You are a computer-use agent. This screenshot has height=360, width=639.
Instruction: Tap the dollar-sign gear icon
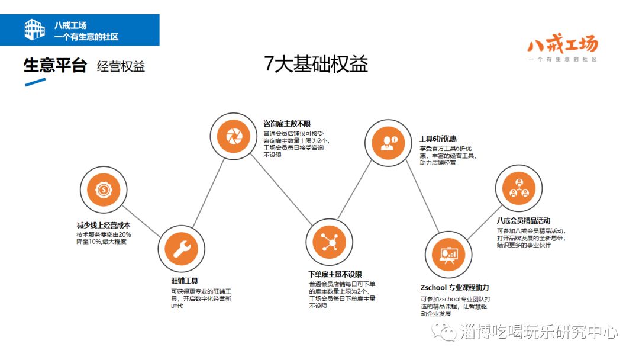click(x=104, y=190)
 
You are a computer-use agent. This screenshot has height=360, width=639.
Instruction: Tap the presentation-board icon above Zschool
click(x=448, y=255)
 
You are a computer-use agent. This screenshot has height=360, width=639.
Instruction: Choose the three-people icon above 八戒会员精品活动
click(x=518, y=188)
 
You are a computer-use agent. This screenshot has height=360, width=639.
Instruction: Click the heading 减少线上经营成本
click(x=104, y=226)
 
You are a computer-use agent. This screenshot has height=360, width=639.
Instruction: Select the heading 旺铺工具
click(x=185, y=281)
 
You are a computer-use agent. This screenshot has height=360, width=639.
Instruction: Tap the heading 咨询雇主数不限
click(x=287, y=124)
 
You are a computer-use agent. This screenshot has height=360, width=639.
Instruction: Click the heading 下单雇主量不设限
click(x=335, y=274)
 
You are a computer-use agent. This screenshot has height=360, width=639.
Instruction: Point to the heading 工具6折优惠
click(x=438, y=139)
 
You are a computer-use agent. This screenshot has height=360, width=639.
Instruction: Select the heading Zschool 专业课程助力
click(x=456, y=288)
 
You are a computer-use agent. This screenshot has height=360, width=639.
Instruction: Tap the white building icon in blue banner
click(x=34, y=30)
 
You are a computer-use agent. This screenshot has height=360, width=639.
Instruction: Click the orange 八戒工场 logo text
click(x=562, y=44)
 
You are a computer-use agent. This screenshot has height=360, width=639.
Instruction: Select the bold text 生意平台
click(x=55, y=66)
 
